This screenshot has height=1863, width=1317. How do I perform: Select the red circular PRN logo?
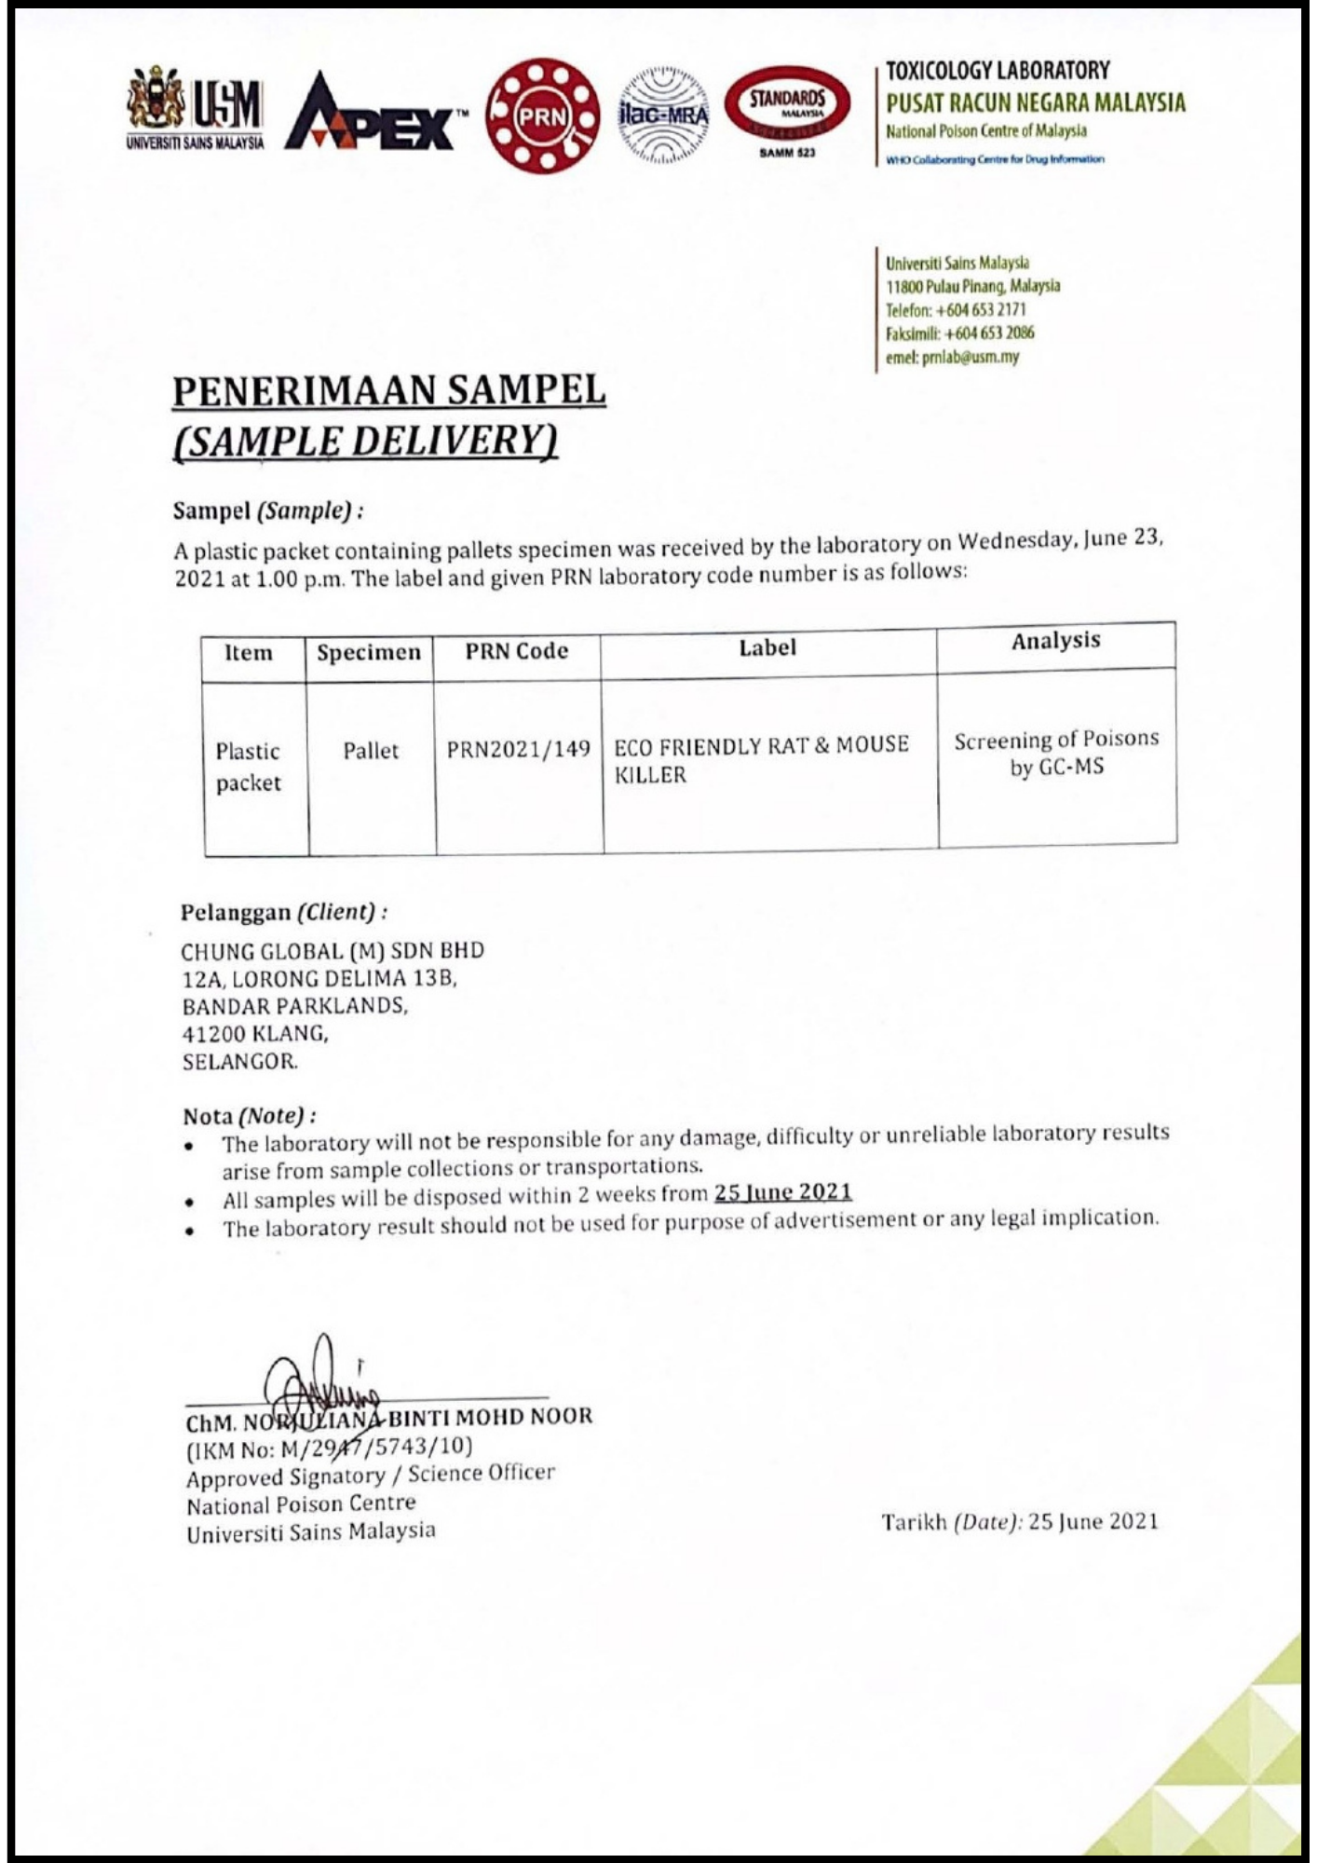coord(543,116)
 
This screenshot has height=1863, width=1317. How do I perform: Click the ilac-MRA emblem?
coord(662,116)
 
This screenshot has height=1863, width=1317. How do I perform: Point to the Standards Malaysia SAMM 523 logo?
coord(787,112)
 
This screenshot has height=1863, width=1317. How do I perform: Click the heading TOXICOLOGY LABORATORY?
coord(998,71)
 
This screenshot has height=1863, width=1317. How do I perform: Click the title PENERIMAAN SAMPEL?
coord(389,390)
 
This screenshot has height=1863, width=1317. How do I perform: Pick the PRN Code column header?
coord(517,651)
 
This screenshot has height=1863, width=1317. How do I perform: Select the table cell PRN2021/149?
coord(519,750)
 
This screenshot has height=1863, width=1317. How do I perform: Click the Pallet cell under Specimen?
coord(370,751)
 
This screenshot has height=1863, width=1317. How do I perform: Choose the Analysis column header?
coord(1055,641)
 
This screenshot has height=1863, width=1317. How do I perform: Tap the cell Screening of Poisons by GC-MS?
coord(1056,753)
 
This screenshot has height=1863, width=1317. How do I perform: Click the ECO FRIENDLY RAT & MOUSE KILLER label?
coord(761,759)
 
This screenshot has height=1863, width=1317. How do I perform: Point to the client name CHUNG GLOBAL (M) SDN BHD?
coord(333,951)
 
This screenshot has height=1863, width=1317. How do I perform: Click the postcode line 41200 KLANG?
coord(255,1033)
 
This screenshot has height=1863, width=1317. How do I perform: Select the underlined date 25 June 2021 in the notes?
coord(782,1192)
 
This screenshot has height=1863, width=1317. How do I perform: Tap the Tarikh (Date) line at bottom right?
coord(1020,1521)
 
